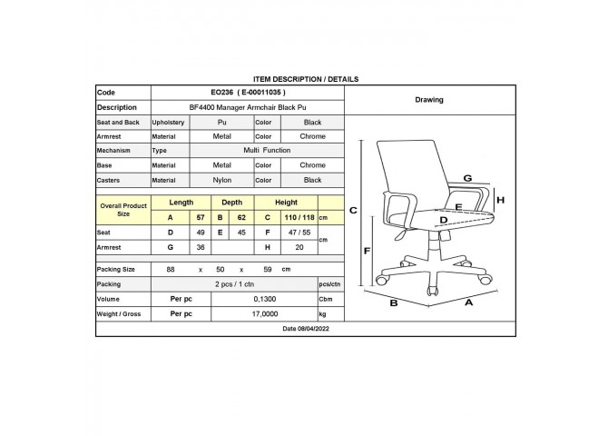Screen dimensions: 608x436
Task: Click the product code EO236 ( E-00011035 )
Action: [248, 93]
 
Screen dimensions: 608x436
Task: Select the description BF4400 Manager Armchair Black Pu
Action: [248, 107]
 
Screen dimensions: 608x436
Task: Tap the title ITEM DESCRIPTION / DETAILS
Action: [306, 79]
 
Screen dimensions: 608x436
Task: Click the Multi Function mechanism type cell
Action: [267, 150]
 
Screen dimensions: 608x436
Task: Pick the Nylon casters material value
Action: [221, 180]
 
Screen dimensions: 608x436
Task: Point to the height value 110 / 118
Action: [299, 217]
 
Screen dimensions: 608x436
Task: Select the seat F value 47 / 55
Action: [299, 233]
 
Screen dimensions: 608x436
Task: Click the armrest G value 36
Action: [201, 247]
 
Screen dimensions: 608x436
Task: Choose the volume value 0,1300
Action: [265, 299]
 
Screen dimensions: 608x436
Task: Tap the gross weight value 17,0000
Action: [265, 313]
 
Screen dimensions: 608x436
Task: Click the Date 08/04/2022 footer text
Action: [306, 329]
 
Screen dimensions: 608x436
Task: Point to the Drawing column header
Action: [429, 100]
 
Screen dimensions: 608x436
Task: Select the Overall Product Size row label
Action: [123, 210]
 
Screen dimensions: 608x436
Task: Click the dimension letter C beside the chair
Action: [353, 211]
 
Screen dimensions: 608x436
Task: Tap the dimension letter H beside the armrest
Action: [501, 200]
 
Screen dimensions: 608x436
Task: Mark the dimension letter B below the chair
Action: [394, 302]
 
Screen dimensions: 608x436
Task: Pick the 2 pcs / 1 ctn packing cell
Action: [234, 284]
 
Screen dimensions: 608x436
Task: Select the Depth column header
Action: [232, 203]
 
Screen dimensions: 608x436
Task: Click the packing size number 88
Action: [171, 270]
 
